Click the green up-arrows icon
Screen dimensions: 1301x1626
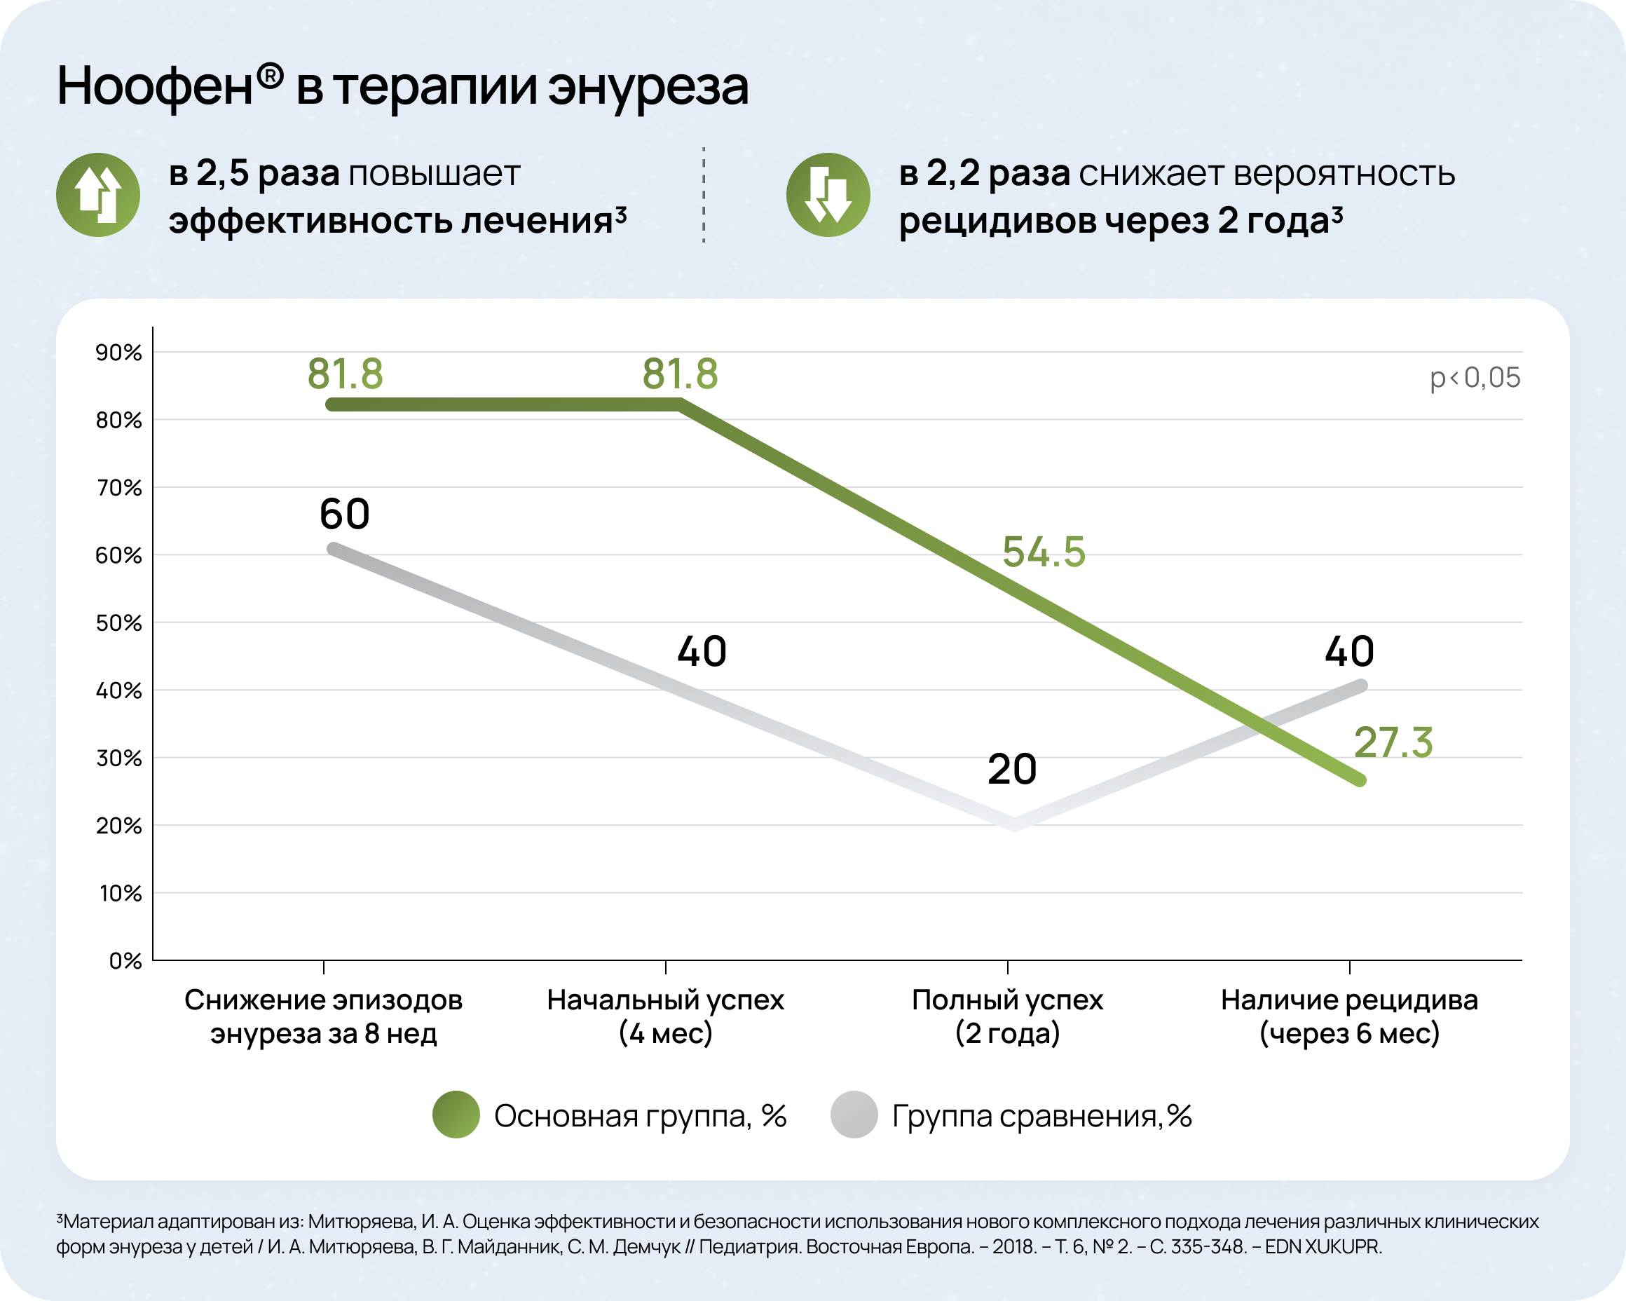pos(98,195)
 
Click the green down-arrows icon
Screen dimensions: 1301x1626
pos(828,195)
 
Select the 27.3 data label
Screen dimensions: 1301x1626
pos(1393,742)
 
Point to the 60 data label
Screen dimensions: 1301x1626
pos(345,514)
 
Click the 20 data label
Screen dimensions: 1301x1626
pos(1012,769)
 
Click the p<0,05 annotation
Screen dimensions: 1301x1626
pos(1475,378)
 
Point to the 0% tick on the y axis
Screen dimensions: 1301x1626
pos(125,961)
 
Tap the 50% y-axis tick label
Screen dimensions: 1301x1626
pos(118,623)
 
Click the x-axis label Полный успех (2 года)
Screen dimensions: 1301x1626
pos(1008,1016)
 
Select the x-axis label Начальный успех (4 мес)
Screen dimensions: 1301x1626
pos(665,1016)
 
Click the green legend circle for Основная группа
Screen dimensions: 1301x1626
pos(456,1115)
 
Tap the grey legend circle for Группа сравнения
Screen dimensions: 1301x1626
pos(854,1115)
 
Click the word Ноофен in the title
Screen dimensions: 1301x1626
pos(155,86)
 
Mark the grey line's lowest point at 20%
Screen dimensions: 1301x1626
pos(1015,824)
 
